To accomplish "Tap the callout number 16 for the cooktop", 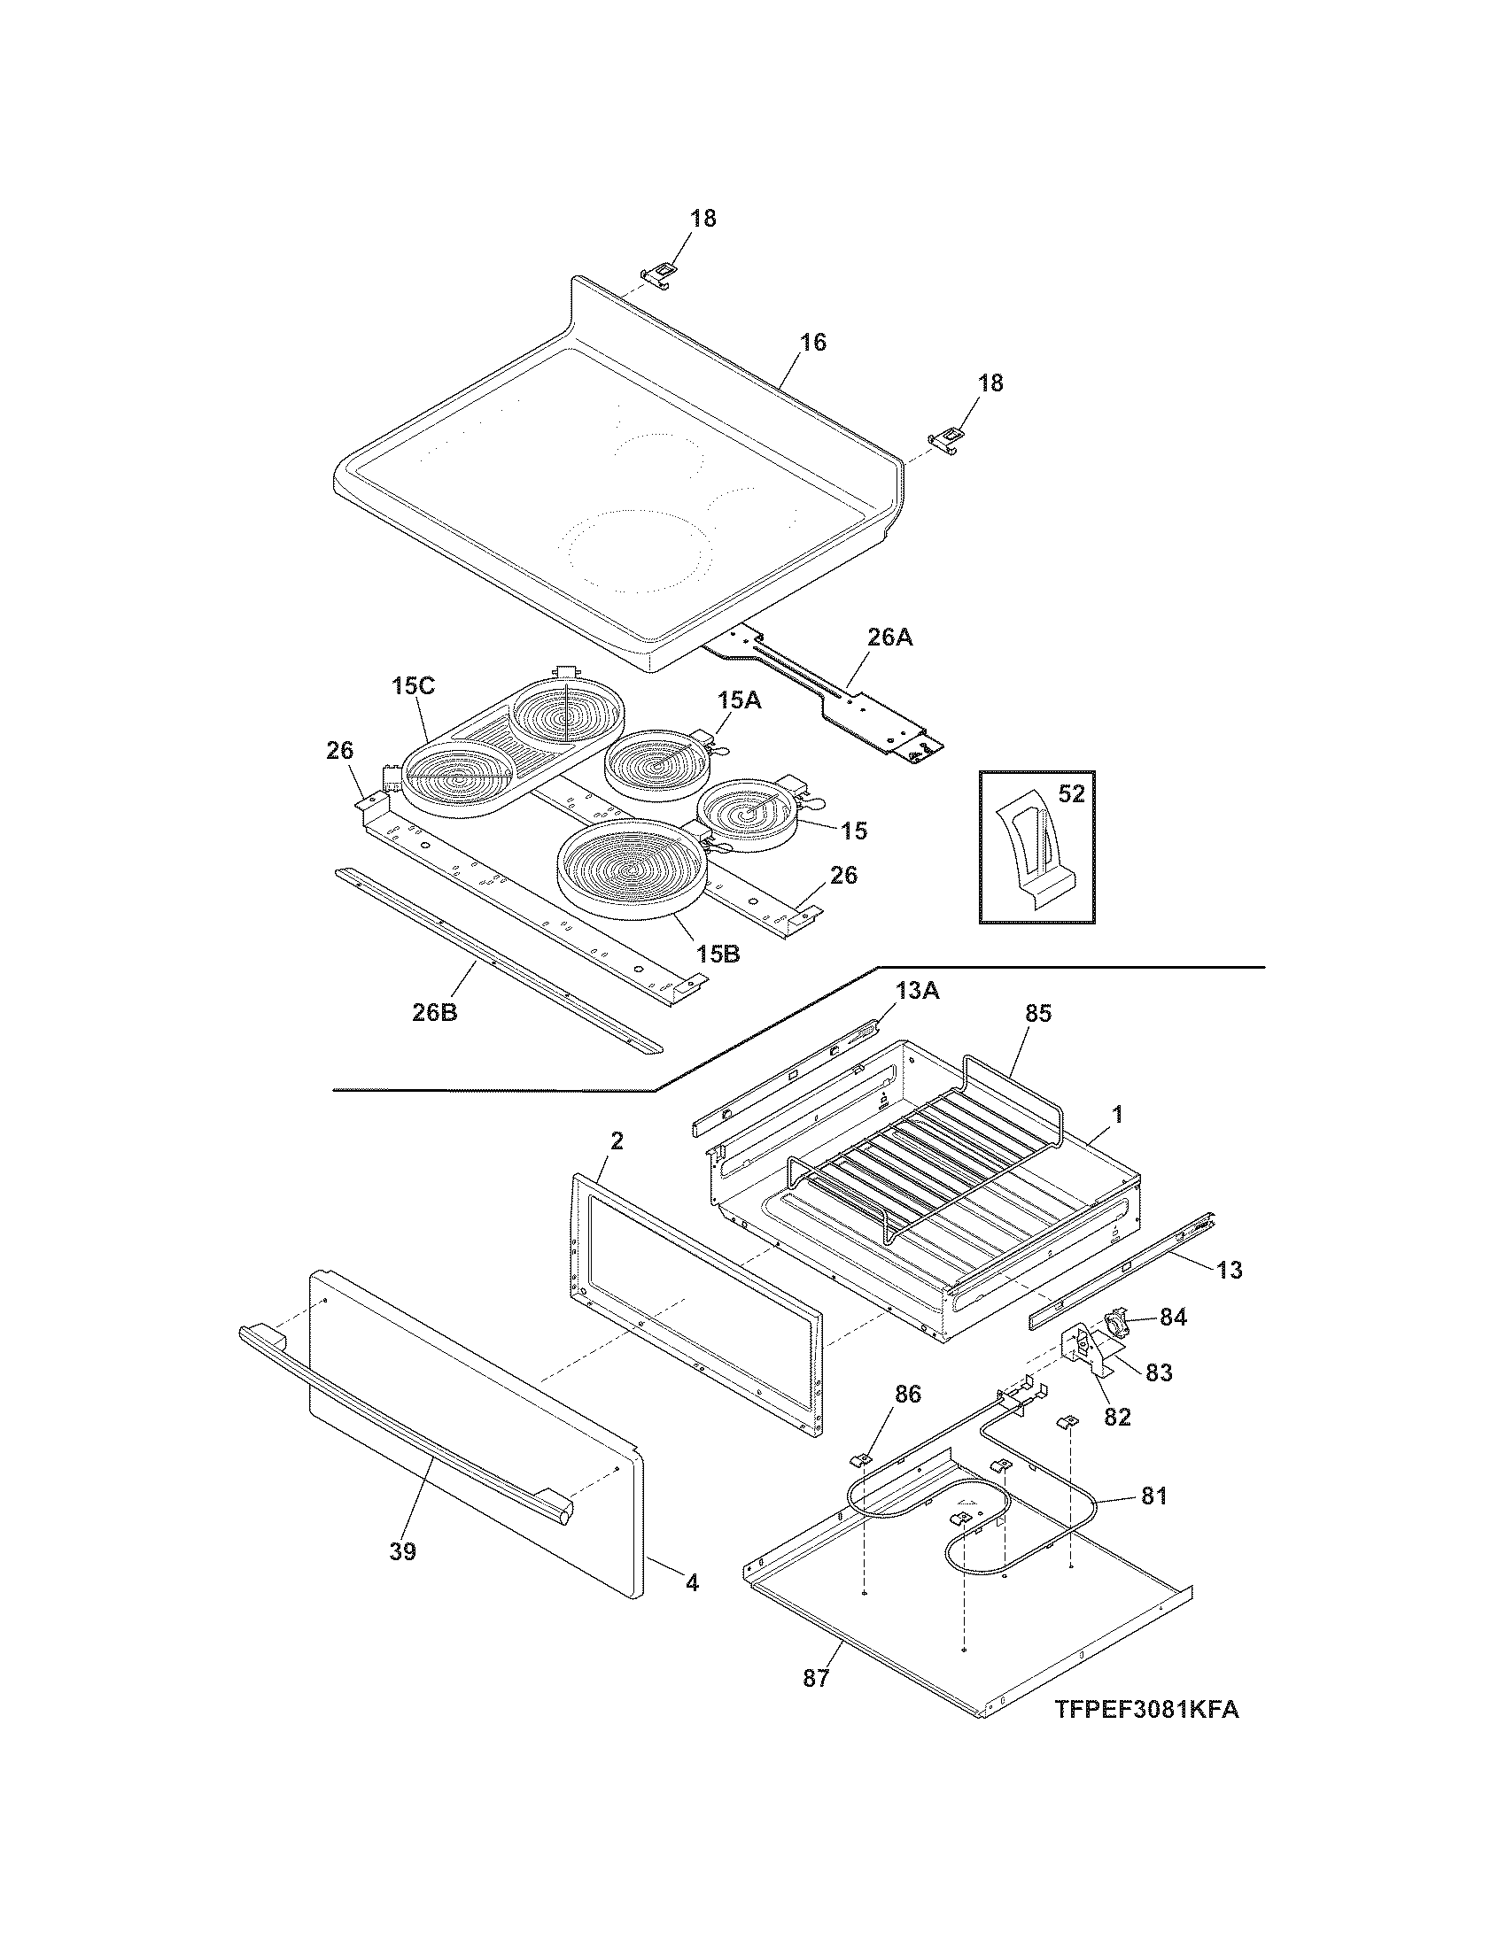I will (811, 343).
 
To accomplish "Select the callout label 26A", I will (889, 638).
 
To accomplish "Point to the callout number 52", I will (1071, 793).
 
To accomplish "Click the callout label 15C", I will (412, 687).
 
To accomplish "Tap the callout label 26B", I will (434, 1011).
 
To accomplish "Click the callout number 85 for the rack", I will (1038, 1013).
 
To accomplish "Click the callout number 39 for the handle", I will (402, 1552).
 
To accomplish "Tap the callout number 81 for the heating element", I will (1153, 1496).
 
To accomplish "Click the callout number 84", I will (1173, 1317).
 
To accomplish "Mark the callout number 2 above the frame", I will (617, 1140).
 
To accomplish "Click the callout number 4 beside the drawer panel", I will (692, 1583).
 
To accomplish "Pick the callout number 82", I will (1117, 1417).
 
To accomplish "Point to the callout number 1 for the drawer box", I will (1117, 1114).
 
